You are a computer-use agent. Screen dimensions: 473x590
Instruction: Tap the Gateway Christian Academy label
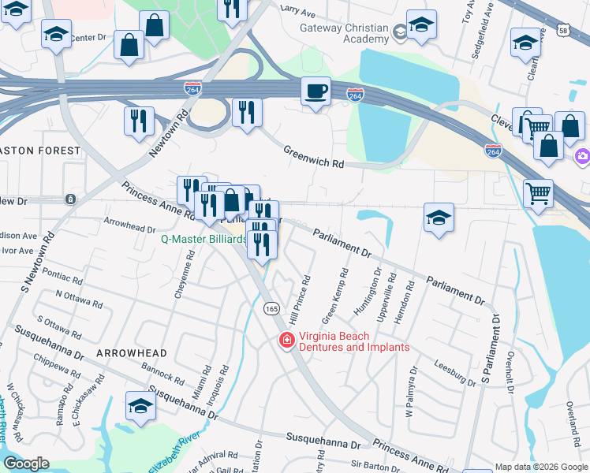344,34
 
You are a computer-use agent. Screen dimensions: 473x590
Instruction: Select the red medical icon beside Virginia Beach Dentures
287,341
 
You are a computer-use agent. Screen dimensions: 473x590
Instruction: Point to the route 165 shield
272,308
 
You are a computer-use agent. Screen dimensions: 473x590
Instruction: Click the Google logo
26,464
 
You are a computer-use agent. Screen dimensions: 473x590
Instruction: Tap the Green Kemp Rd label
334,296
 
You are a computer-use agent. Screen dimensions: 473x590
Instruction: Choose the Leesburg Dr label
455,372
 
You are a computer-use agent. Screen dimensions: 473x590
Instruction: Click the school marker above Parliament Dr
439,217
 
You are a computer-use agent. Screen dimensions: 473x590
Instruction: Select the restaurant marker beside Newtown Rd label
139,121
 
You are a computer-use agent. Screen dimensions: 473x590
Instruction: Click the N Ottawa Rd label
79,303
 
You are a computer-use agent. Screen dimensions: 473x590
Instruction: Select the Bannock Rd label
162,373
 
